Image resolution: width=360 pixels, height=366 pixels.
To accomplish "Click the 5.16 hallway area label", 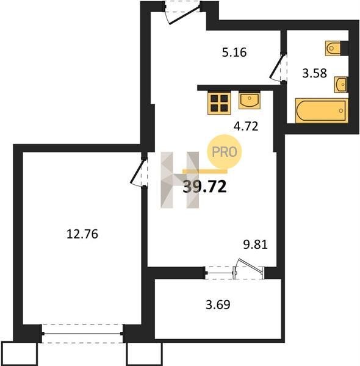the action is pos(234,52).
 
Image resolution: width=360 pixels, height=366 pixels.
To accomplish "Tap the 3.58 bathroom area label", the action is pos(314,73).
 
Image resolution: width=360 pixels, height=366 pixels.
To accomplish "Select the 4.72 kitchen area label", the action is pos(246,126).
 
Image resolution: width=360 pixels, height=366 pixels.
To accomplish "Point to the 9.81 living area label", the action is pos(256,245).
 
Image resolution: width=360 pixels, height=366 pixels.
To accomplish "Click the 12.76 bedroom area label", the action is pos(82,234).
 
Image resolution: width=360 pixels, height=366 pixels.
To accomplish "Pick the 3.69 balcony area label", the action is pos(218,304).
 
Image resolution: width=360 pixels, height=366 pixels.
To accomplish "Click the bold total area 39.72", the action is pos(205,187).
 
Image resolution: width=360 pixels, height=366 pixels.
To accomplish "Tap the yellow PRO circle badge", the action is pos(225,152).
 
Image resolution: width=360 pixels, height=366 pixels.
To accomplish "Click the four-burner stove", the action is pos(219,103).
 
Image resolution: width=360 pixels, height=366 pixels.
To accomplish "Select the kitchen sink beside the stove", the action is pos(250,101).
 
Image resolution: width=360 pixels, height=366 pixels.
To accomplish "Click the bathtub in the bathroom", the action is pos(322,110).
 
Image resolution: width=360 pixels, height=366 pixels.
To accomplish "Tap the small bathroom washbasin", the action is pos(340,85).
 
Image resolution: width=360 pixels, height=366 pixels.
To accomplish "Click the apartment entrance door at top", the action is pos(182,12).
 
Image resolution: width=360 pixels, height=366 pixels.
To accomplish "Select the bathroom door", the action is pos(278,67).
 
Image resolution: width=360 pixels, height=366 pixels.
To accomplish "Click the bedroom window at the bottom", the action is pos(82,334).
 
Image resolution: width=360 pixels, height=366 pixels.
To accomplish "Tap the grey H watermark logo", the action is pos(180,180).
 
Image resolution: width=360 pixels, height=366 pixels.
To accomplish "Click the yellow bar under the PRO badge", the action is pos(205,171).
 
